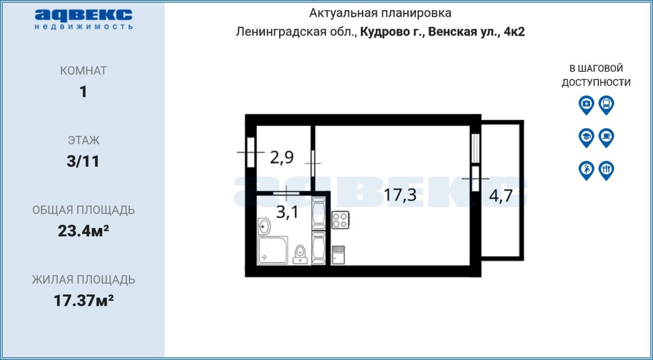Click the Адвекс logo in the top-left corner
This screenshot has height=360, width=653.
(84, 19)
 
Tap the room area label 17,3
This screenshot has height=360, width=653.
(400, 195)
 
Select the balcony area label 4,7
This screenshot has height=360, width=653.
(500, 196)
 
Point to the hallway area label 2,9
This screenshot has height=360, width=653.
(282, 158)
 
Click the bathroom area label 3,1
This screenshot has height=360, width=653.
(287, 212)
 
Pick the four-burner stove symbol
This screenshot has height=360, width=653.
(340, 220)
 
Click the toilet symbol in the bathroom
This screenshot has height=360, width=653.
(300, 254)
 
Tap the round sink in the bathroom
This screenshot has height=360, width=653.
(264, 226)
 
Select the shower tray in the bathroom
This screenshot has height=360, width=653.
(272, 250)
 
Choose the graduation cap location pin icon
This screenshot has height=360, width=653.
(586, 138)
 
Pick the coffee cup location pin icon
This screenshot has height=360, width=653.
(607, 138)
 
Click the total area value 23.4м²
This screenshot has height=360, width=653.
(83, 231)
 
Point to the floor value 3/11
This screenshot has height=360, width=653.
(83, 161)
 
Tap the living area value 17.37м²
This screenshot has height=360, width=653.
(83, 300)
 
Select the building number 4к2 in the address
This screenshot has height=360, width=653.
(514, 32)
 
